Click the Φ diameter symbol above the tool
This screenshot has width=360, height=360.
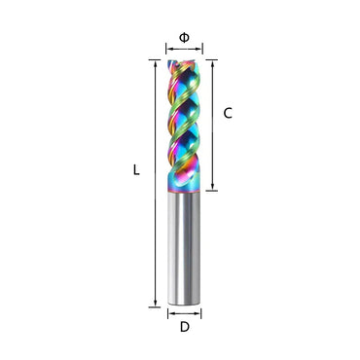tap(184, 36)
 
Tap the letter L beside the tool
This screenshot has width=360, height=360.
tap(136, 169)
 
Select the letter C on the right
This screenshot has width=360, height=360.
tap(228, 113)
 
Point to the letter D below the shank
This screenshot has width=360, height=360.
tap(184, 329)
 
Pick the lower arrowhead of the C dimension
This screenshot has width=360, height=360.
tap(211, 188)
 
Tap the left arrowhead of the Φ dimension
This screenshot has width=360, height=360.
tap(168, 48)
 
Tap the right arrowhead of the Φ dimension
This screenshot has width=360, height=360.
tap(199, 48)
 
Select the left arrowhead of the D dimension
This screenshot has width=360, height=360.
tap(169, 313)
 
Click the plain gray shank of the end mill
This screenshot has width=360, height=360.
tap(184, 248)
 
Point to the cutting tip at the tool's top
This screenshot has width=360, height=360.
tap(184, 63)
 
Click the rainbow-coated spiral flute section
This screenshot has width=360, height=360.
tap(184, 126)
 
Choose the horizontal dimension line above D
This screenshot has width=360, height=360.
tap(184, 313)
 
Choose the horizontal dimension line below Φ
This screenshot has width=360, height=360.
tap(184, 48)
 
